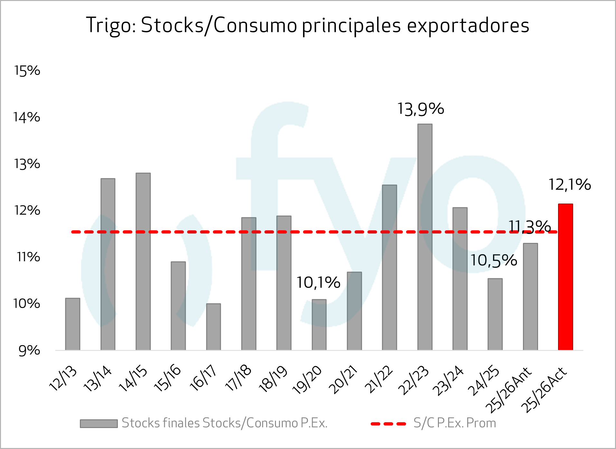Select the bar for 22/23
tap(425, 237)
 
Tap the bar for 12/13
tap(72, 324)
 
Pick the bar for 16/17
tap(213, 326)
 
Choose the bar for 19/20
tap(319, 324)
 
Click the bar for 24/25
tap(495, 314)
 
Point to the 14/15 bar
tap(143, 261)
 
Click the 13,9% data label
tap(421, 109)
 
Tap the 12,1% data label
tap(569, 185)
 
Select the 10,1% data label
tap(318, 283)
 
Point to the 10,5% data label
tap(494, 260)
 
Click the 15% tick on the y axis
tap(27, 71)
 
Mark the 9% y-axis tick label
tap(29, 350)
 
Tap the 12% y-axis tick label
tap(27, 210)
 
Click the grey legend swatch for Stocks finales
tap(99, 424)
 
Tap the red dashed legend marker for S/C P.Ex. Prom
tap(388, 424)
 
